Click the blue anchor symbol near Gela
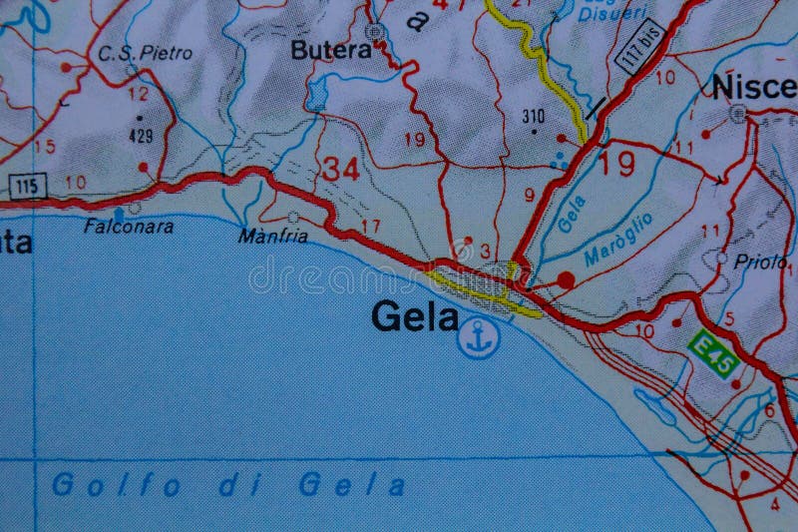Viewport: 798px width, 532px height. tap(478, 338)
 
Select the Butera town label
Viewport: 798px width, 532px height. tap(330, 50)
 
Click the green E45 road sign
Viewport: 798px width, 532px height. tap(714, 353)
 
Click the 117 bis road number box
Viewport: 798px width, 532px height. tap(639, 46)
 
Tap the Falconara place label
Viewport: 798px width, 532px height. tap(129, 227)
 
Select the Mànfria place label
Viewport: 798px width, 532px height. tap(273, 237)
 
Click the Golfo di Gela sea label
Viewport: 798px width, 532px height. tap(229, 486)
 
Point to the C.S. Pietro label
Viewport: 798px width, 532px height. tap(146, 53)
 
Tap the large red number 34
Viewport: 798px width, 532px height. tap(340, 169)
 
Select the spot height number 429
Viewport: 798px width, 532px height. tap(141, 135)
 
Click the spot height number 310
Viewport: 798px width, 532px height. tap(533, 116)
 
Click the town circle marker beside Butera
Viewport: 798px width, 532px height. tap(375, 33)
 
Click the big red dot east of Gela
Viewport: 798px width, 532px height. tap(566, 280)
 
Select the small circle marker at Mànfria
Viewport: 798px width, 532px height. tap(293, 217)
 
